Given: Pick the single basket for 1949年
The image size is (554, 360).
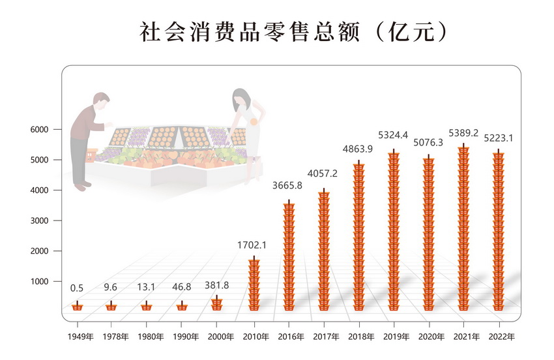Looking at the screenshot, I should pos(77,306).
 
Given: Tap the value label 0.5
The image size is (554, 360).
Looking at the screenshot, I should pos(77,288).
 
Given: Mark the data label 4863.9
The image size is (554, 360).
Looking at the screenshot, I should pos(358,149).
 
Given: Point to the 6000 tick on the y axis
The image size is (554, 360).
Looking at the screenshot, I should pos(40,130).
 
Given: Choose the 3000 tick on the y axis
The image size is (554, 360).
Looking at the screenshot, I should pos(40,220).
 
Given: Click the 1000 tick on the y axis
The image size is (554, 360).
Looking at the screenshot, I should pos(40,281).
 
